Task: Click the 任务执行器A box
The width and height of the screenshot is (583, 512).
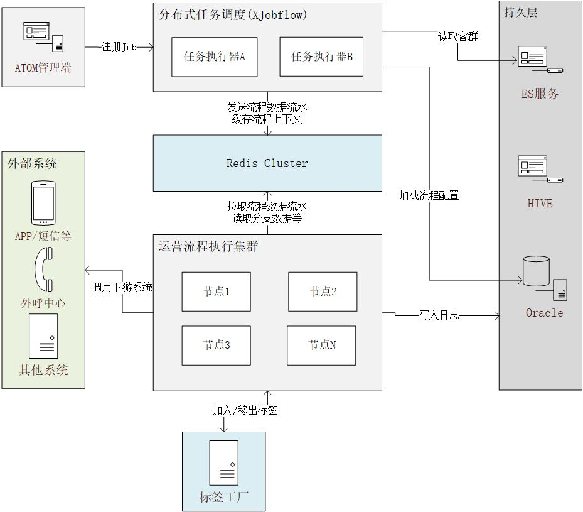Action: [x=214, y=57]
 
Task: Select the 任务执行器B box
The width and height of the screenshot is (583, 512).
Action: [x=321, y=57]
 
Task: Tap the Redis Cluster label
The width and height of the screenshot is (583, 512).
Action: [x=267, y=163]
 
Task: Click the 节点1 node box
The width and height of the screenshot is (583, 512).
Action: [x=216, y=291]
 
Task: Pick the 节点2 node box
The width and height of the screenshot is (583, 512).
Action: [x=323, y=291]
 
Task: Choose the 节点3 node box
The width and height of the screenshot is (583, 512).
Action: [x=216, y=346]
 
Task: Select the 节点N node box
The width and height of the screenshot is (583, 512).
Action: [x=321, y=346]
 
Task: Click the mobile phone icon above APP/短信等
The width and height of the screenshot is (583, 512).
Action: [x=43, y=203]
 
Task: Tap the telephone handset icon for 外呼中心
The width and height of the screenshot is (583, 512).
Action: [x=44, y=270]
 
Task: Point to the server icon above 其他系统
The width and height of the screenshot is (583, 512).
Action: [x=43, y=336]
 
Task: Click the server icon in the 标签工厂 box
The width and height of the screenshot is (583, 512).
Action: [x=224, y=463]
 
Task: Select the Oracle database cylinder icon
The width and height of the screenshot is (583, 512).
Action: [x=536, y=271]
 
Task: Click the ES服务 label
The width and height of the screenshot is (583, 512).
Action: [x=540, y=94]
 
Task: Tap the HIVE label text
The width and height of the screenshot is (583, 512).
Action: [x=540, y=204]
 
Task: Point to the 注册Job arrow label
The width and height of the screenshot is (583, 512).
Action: [x=119, y=47]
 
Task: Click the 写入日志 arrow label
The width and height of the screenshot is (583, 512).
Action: [x=439, y=315]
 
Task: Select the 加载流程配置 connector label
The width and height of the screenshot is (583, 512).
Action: [x=429, y=196]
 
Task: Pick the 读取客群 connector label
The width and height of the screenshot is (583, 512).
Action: [x=457, y=37]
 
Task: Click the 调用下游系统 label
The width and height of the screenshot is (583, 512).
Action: [x=122, y=287]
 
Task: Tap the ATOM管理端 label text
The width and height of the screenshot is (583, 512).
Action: [x=43, y=68]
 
